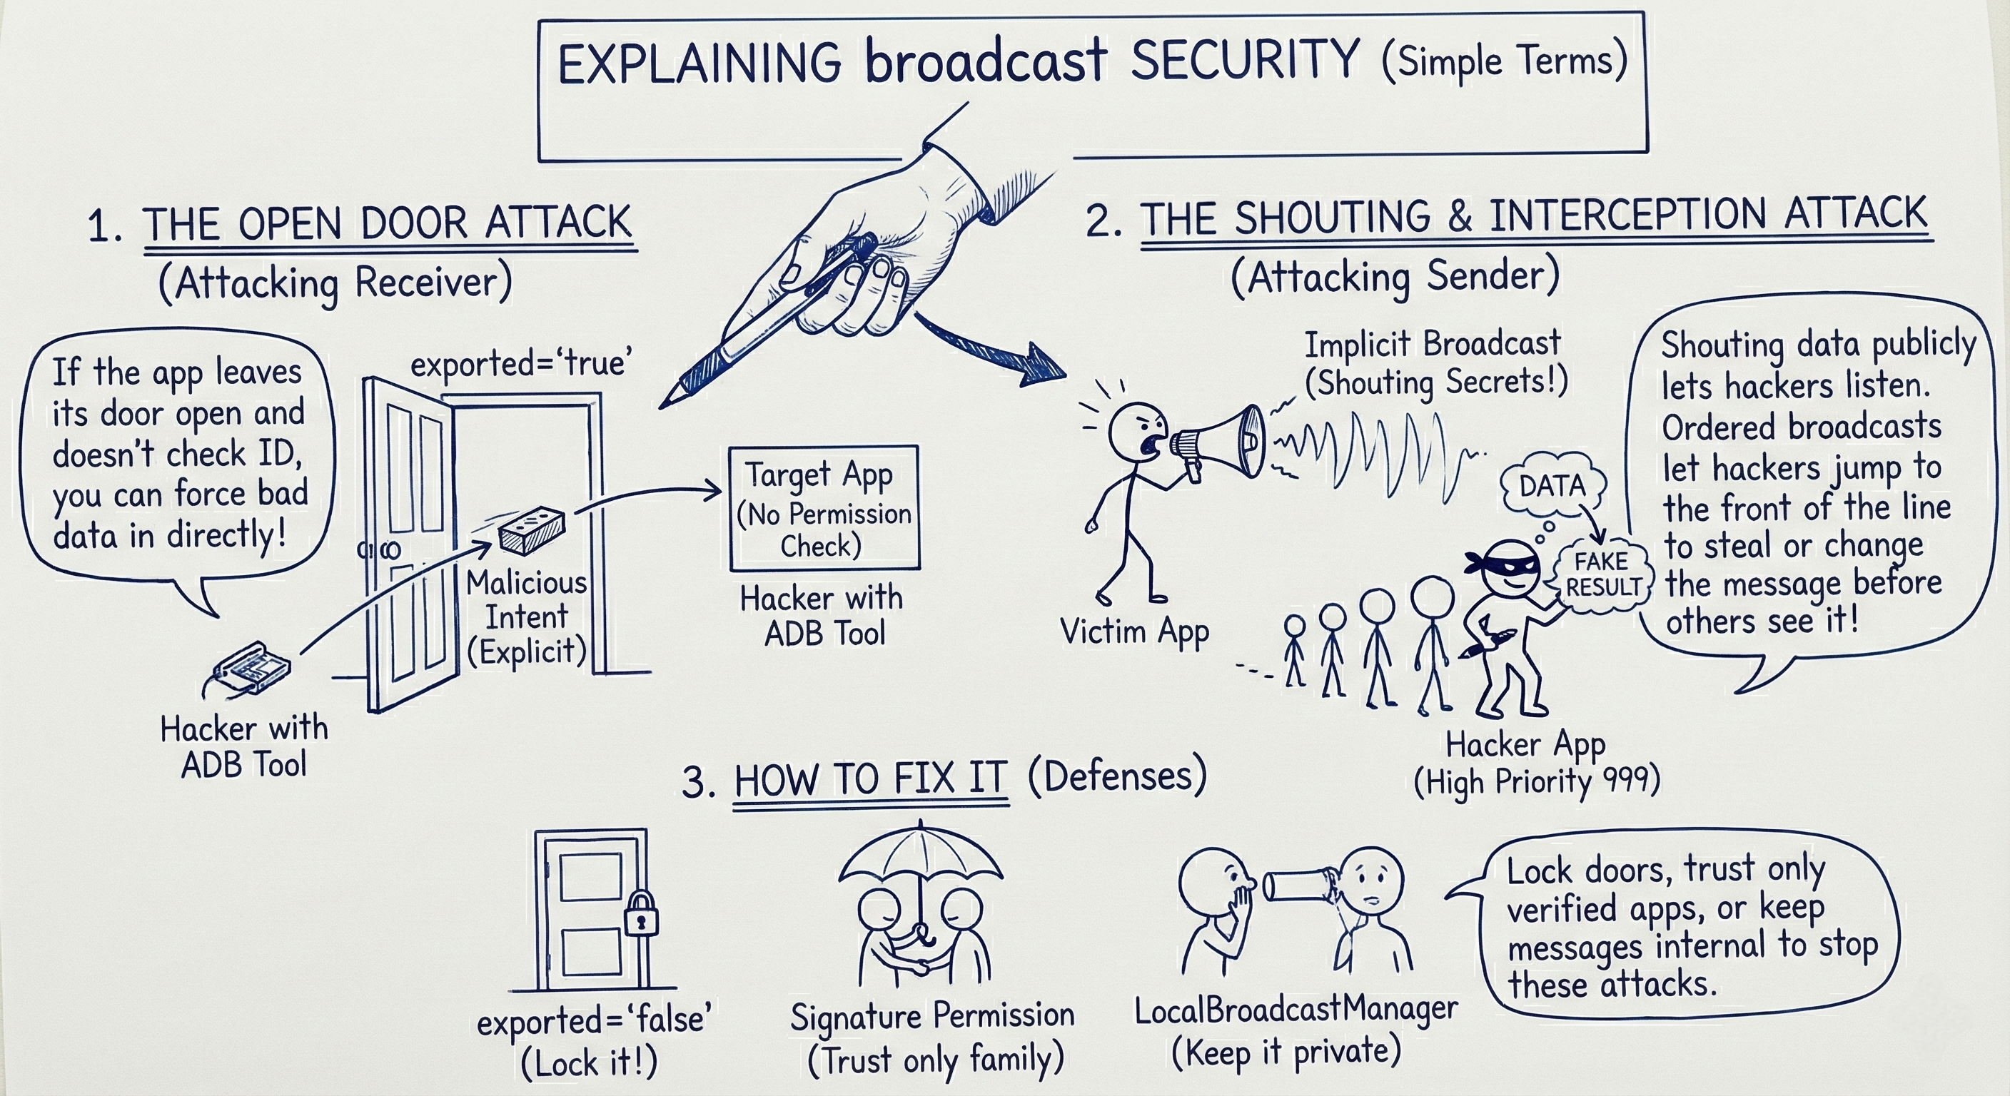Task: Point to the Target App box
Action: (824, 508)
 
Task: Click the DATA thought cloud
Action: (1552, 486)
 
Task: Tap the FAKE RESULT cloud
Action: (1602, 574)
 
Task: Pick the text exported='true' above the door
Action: (521, 362)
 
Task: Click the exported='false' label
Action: (594, 1020)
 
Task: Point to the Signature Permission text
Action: (932, 1015)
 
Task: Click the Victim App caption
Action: (1134, 632)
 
